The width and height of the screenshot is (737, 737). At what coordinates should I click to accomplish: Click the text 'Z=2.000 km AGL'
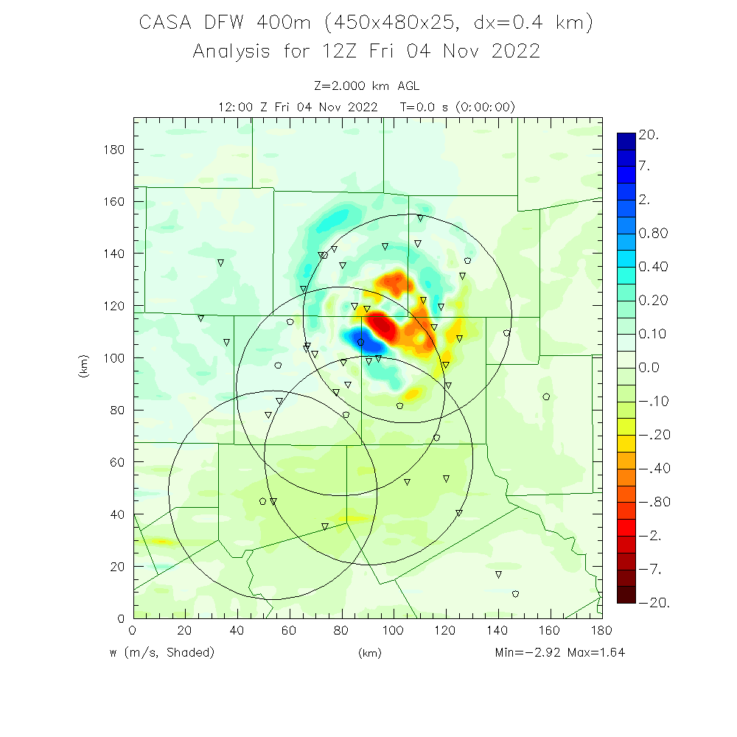coord(366,87)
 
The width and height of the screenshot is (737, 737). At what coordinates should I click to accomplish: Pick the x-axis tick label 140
coord(497,630)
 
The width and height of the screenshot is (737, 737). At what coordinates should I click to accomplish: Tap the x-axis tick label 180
coord(602,630)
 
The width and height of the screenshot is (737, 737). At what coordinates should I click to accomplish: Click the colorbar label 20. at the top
coord(649,136)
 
